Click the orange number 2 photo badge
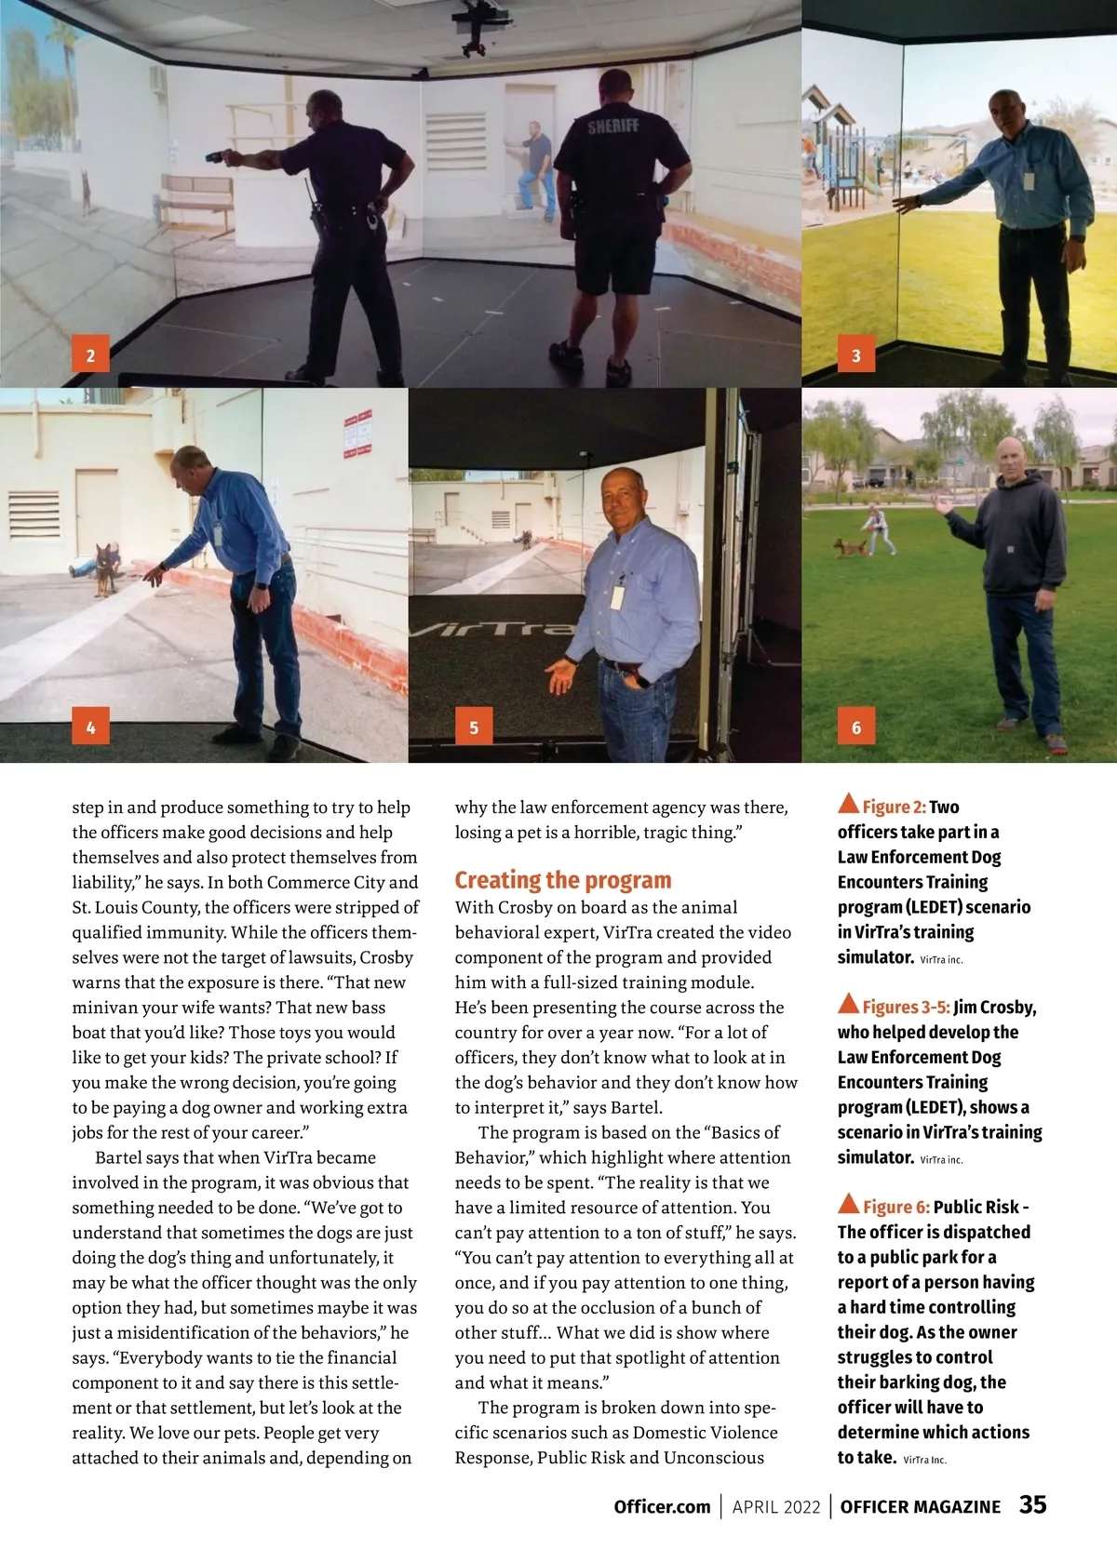tap(90, 354)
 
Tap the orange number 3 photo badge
tap(856, 354)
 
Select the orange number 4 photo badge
tap(90, 727)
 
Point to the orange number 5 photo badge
tap(474, 727)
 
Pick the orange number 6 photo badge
tap(856, 727)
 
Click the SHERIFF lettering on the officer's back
tap(612, 126)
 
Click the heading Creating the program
tap(562, 880)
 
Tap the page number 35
tap(1032, 1504)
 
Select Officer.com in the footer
tap(662, 1506)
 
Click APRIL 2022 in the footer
tap(776, 1506)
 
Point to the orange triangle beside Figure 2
tap(848, 804)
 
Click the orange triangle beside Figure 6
tap(848, 1204)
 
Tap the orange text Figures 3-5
tap(906, 1007)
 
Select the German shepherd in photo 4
tap(103, 568)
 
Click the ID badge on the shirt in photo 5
tap(616, 594)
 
